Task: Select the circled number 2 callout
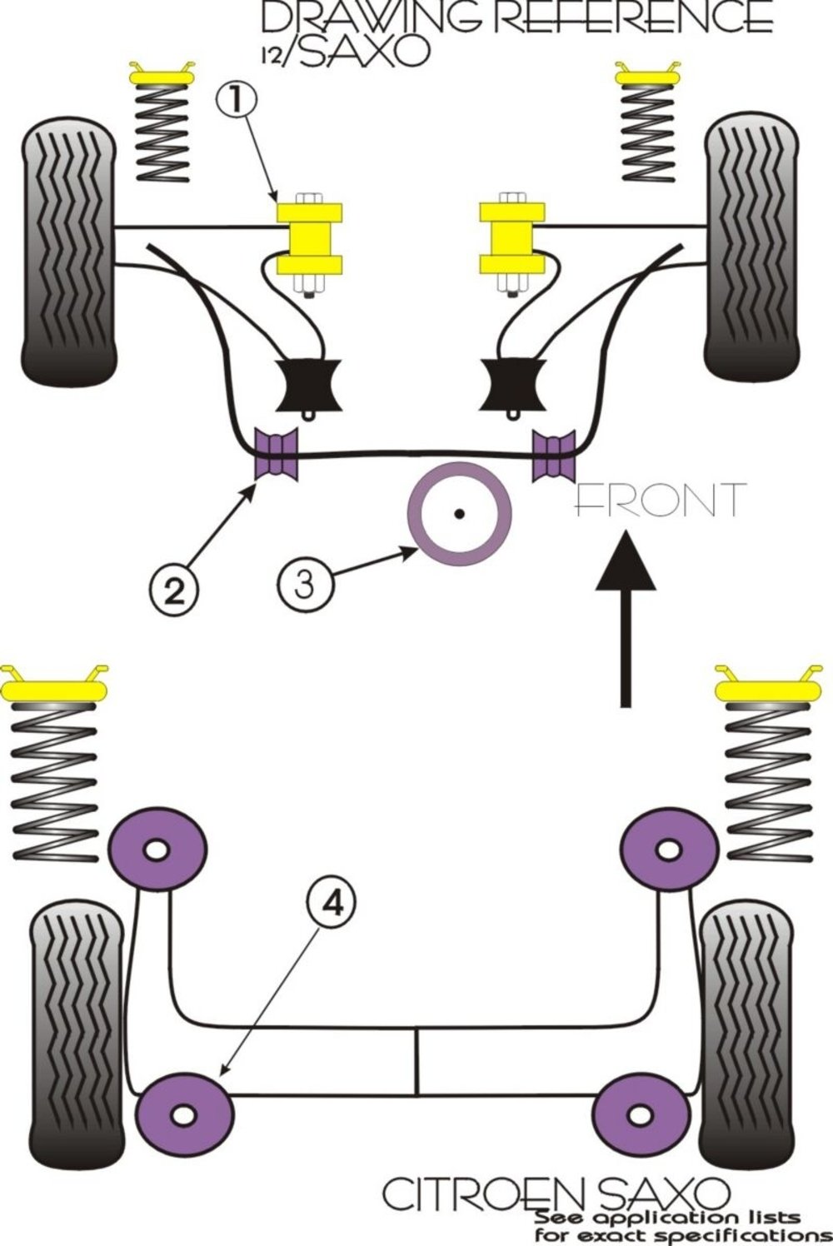pyautogui.click(x=173, y=591)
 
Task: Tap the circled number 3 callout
pyautogui.click(x=305, y=583)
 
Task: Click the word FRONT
pyautogui.click(x=660, y=501)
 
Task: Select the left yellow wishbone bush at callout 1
pyautogui.click(x=310, y=239)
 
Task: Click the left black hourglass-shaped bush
pyautogui.click(x=308, y=384)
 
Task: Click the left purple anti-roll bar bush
pyautogui.click(x=277, y=454)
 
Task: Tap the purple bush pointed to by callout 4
pyautogui.click(x=185, y=1112)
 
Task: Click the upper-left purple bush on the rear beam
pyautogui.click(x=157, y=849)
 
